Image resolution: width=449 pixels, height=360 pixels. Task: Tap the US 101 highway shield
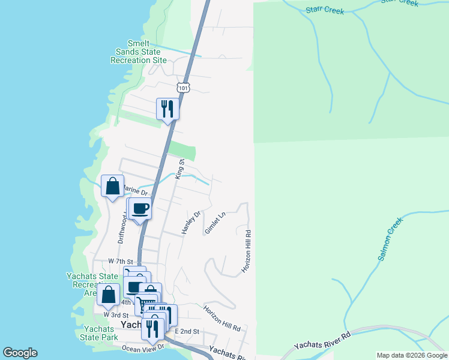pyautogui.click(x=183, y=87)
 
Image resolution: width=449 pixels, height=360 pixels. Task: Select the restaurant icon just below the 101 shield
pyautogui.click(x=167, y=109)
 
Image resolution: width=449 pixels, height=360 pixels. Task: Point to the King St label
pyautogui.click(x=179, y=169)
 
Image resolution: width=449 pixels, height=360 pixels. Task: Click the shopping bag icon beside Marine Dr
pyautogui.click(x=112, y=185)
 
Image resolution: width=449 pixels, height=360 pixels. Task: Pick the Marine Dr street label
pyautogui.click(x=136, y=191)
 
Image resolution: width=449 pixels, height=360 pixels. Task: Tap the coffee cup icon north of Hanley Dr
pyautogui.click(x=140, y=209)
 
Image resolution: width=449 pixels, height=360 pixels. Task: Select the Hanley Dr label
pyautogui.click(x=190, y=222)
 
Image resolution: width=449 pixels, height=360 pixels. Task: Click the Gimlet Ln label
pyautogui.click(x=214, y=223)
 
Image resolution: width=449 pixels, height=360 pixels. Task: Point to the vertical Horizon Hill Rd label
pyautogui.click(x=246, y=250)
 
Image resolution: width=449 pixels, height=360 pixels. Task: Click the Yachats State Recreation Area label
pyautogui.click(x=91, y=284)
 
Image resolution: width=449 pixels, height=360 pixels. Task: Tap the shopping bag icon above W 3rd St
pyautogui.click(x=109, y=295)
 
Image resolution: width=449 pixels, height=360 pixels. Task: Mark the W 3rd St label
pyautogui.click(x=116, y=314)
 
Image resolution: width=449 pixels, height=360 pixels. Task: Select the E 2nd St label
pyautogui.click(x=187, y=331)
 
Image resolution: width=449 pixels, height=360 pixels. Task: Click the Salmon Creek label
pyautogui.click(x=390, y=242)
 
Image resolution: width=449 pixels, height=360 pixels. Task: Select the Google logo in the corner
pyautogui.click(x=20, y=353)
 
